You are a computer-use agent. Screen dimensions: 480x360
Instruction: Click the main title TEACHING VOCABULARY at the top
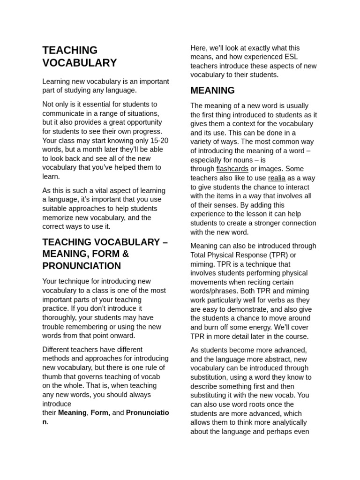[x=79, y=56]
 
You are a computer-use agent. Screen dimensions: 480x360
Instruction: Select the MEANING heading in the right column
[x=212, y=90]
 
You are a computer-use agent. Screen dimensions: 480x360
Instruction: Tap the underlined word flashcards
[x=232, y=169]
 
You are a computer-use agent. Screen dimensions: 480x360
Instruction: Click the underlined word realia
[x=277, y=178]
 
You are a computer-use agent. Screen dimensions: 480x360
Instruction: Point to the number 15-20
[x=158, y=140]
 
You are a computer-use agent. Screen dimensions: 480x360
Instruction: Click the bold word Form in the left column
[x=99, y=412]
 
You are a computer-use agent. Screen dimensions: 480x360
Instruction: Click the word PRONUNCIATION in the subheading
[x=82, y=266]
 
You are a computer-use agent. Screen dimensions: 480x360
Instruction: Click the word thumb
[x=53, y=376]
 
